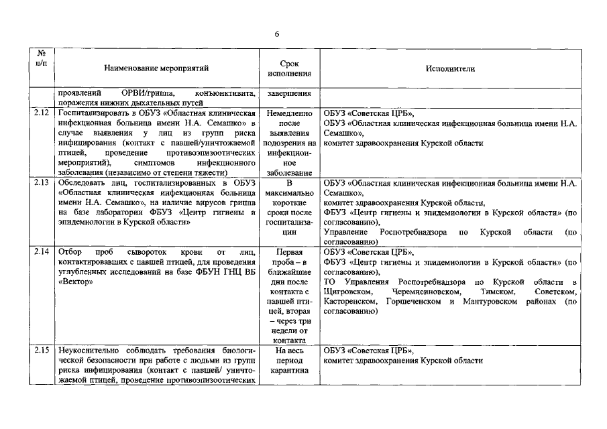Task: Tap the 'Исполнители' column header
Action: (x=449, y=68)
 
